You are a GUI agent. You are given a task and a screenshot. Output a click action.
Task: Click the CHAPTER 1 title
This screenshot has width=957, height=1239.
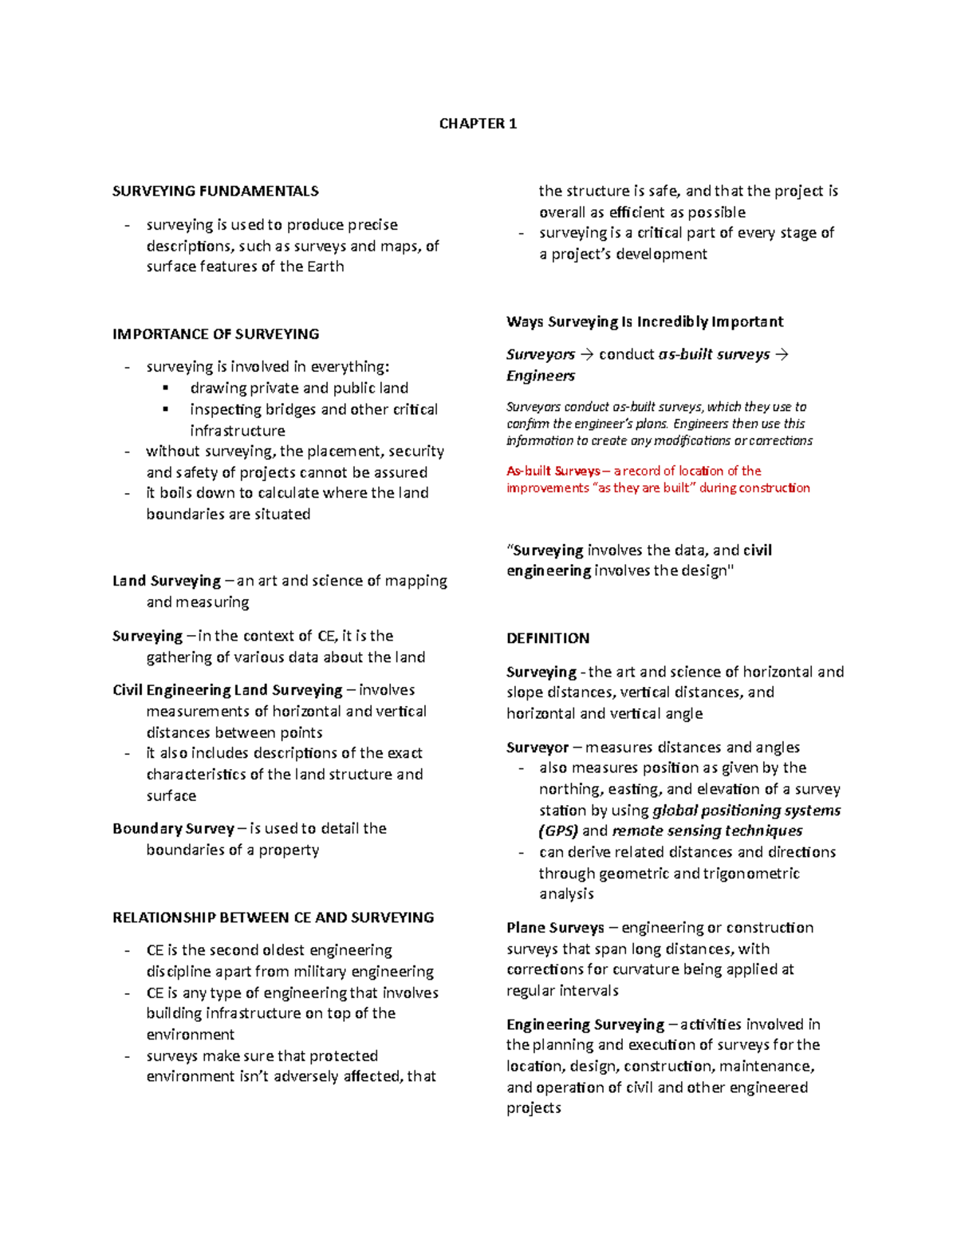[478, 124]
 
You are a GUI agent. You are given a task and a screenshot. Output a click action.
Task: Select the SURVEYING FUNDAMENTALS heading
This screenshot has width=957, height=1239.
[215, 191]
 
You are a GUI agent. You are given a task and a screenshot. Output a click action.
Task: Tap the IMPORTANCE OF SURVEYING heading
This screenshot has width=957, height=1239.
[215, 334]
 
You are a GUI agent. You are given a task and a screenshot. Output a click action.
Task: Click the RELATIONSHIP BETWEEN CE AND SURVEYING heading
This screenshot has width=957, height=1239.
[273, 917]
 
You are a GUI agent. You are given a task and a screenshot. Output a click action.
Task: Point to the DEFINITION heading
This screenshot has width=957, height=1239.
[548, 638]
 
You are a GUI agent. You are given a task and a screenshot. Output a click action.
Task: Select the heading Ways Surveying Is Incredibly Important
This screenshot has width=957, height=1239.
[644, 322]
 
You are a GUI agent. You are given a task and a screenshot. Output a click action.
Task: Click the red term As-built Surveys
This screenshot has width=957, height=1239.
[553, 471]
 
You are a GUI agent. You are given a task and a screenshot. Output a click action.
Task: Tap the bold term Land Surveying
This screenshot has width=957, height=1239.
[167, 581]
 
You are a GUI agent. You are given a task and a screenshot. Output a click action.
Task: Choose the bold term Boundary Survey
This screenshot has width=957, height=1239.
[173, 828]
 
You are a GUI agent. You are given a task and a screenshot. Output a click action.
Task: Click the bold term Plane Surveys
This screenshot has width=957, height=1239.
[555, 928]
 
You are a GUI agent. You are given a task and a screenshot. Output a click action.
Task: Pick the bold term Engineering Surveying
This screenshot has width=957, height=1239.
[585, 1024]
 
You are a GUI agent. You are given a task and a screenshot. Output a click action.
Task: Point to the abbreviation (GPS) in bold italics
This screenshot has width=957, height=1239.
[558, 831]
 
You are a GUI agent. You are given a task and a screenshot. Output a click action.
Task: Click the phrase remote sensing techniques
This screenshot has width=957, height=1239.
[707, 831]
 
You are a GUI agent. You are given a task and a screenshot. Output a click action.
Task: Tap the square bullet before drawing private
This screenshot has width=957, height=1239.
[166, 388]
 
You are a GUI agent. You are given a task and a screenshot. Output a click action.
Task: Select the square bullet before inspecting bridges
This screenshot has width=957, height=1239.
[166, 409]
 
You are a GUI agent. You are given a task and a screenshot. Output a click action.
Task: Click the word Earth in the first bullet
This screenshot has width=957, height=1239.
[325, 266]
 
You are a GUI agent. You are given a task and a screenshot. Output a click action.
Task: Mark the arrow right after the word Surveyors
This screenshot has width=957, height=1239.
[587, 355]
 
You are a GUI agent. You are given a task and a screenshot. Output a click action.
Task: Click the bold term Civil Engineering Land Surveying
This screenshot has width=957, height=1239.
[227, 690]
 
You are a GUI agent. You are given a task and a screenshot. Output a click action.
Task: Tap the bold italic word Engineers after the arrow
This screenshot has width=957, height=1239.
[540, 376]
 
